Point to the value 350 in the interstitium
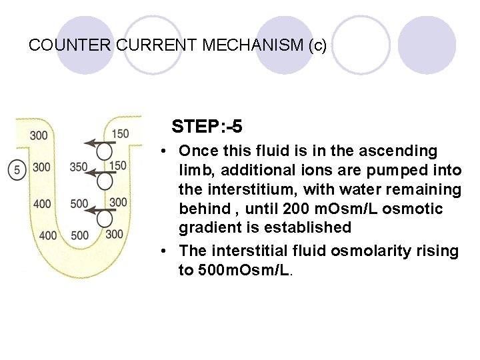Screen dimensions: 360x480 pyautogui.click(x=79, y=167)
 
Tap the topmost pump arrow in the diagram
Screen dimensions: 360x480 pyautogui.click(x=97, y=143)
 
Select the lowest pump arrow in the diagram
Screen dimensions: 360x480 pyautogui.click(x=97, y=212)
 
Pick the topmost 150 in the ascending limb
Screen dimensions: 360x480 pyautogui.click(x=121, y=134)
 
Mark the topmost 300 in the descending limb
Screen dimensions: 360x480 pyautogui.click(x=39, y=136)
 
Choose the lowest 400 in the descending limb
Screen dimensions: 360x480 pyautogui.click(x=48, y=235)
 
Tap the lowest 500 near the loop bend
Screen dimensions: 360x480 pyautogui.click(x=79, y=235)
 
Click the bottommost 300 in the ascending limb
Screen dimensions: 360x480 pyautogui.click(x=114, y=234)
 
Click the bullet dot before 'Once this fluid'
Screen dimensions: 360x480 pyautogui.click(x=164, y=152)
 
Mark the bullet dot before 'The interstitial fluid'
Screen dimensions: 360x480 pyautogui.click(x=164, y=252)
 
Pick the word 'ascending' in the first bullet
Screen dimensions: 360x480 pyautogui.click(x=403, y=151)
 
